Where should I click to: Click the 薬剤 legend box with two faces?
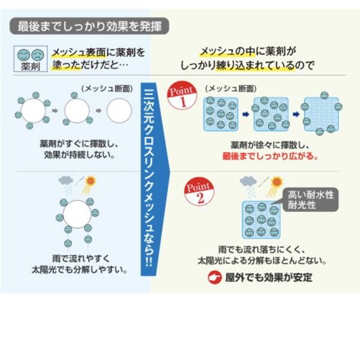tap(28, 58)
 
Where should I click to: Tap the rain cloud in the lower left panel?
tap(67, 182)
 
